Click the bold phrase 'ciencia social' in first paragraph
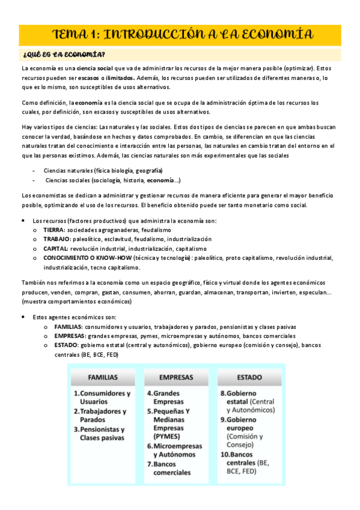coord(95,69)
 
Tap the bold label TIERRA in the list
coord(55,230)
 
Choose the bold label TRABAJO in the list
coord(58,239)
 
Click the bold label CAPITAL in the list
coord(56,248)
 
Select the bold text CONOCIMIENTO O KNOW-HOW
coord(84,257)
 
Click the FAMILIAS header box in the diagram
coord(103,378)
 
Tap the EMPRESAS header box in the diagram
coord(176,378)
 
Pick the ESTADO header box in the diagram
coord(249,378)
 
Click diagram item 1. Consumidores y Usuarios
coord(103,398)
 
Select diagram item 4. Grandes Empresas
coord(168,398)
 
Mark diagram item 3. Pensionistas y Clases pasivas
coord(102,434)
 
